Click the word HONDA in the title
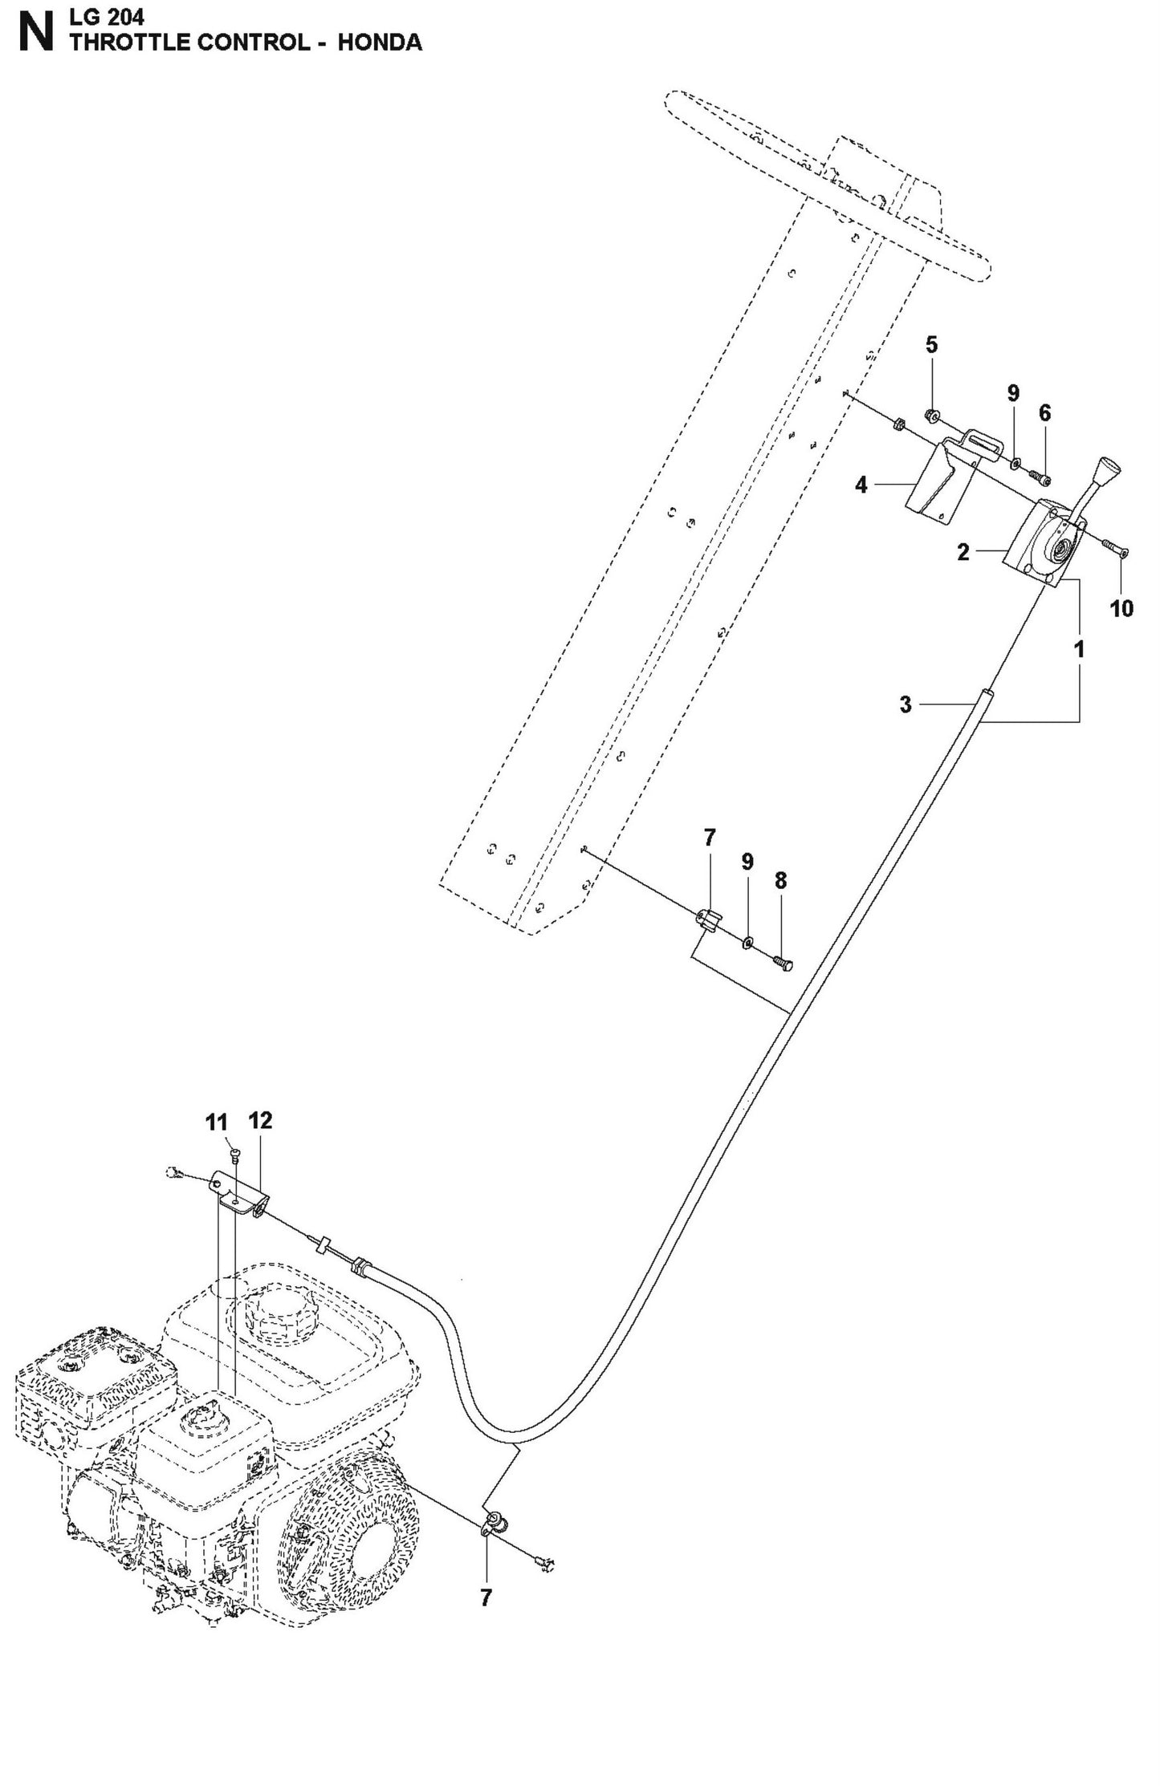tap(379, 43)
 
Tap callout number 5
tap(931, 345)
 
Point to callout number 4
tap(861, 485)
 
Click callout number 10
tap(1121, 608)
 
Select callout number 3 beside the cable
tap(906, 704)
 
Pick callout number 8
tap(780, 880)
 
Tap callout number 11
tap(217, 1122)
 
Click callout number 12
tap(261, 1120)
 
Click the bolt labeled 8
tap(783, 960)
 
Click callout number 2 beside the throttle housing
tap(963, 552)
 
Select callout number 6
tap(1044, 413)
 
